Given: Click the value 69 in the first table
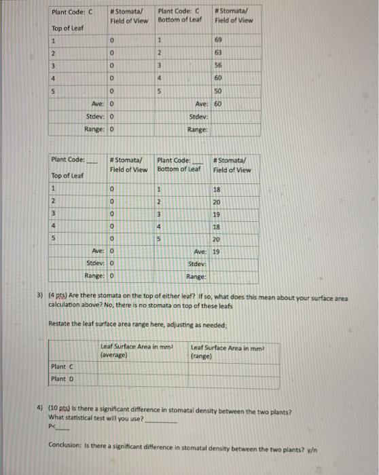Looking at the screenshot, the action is (x=219, y=41).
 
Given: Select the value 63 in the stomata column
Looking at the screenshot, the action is (x=219, y=54).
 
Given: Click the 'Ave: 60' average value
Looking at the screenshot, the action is (x=218, y=104).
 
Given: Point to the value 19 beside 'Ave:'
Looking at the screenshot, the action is (x=217, y=251).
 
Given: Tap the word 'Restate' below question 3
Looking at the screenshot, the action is (x=60, y=324).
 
